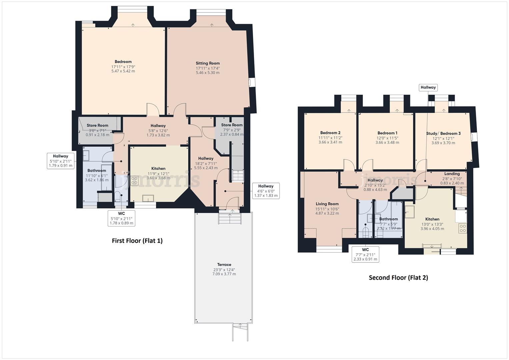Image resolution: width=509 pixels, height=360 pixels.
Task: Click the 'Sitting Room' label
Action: point(207,63)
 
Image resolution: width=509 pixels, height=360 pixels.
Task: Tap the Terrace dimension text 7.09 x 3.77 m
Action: point(224,274)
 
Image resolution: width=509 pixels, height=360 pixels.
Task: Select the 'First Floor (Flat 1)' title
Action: point(137,241)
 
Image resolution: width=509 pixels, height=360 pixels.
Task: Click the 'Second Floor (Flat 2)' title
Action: point(398,277)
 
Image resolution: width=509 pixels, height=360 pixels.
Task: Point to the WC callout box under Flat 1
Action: point(121,218)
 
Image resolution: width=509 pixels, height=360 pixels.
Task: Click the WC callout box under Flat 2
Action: point(365,254)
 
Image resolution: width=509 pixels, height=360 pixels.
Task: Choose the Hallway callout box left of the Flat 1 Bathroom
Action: point(60,161)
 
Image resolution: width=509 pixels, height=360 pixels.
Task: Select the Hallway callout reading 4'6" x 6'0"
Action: point(266,191)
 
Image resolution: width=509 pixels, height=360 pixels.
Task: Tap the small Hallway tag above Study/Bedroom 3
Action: point(428,87)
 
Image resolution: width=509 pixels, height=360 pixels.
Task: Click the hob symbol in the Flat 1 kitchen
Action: point(134,181)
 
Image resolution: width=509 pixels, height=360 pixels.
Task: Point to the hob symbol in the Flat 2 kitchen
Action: point(463,228)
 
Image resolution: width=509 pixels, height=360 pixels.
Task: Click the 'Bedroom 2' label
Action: point(330,133)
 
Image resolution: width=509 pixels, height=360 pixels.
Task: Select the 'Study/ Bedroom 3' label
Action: point(443,134)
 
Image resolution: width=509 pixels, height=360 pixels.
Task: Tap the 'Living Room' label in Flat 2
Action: point(327,204)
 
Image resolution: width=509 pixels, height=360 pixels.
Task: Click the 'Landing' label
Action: point(452,174)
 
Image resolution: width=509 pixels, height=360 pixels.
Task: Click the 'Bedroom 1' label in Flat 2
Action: point(387,133)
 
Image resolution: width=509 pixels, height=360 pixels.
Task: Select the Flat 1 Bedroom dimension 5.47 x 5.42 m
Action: point(123,71)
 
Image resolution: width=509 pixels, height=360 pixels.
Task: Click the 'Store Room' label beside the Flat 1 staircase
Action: point(232,125)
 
